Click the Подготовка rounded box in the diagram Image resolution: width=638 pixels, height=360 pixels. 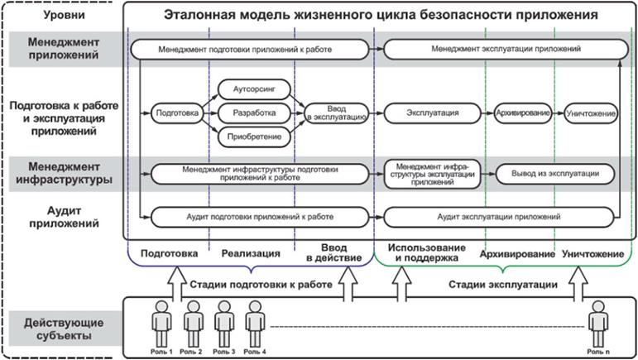coord(175,111)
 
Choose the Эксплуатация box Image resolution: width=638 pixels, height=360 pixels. coord(432,111)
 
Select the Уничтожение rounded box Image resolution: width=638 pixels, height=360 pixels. coord(590,111)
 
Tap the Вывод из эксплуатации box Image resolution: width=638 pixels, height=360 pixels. coord(554,175)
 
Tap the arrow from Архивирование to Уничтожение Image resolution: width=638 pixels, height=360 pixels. coord(559,111)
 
